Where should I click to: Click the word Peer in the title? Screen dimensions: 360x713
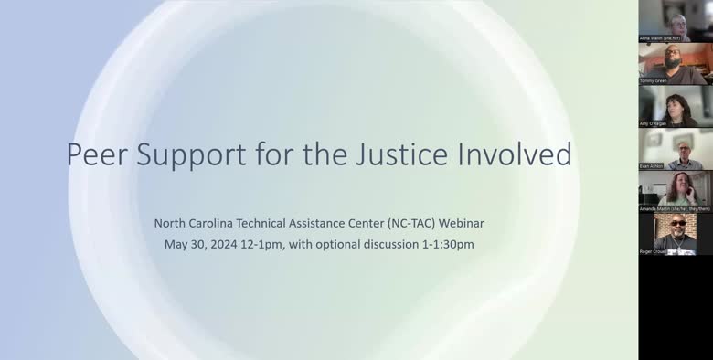pyautogui.click(x=97, y=154)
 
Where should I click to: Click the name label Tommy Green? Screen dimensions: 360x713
pyautogui.click(x=654, y=80)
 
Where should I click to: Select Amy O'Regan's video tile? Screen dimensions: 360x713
pyautogui.click(x=676, y=106)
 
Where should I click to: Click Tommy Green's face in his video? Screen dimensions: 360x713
pyautogui.click(x=674, y=55)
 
